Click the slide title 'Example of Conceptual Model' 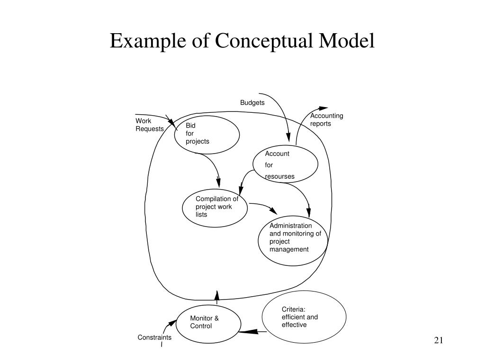(242, 41)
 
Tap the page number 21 (439, 340)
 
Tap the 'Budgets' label (252, 103)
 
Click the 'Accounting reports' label (327, 120)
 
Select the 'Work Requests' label (150, 125)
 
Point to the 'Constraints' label (154, 337)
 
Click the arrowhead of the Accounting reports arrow (323, 109)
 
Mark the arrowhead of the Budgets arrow (288, 137)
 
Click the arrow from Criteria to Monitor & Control (253, 332)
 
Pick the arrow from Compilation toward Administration (264, 206)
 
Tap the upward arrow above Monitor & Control (217, 298)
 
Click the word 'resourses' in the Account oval (279, 176)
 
